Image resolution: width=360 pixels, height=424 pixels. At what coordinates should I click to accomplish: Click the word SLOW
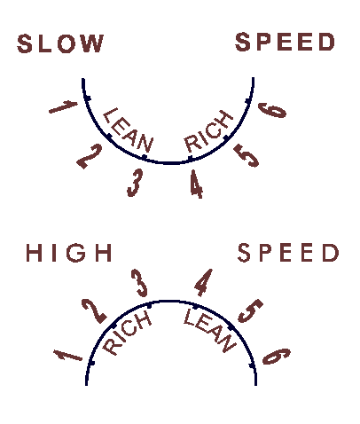60,43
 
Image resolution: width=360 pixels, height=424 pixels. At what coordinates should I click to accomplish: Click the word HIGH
69,253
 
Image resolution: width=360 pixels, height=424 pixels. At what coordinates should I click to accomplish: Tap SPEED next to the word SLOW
285,42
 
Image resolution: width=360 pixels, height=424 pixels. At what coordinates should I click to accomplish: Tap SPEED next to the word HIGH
288,253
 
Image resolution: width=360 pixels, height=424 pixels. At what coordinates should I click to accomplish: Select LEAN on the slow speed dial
129,130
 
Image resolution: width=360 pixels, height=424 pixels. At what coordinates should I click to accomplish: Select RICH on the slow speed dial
207,130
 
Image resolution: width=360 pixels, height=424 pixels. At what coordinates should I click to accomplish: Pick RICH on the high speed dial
127,333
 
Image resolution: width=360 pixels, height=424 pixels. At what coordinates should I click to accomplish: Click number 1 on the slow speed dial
63,106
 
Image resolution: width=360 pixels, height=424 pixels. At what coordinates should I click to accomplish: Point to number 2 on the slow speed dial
90,156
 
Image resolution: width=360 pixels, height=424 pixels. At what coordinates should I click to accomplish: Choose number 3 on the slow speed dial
135,183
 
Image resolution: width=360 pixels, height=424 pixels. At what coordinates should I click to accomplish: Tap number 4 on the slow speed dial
196,184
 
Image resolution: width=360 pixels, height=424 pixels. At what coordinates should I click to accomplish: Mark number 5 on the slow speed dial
247,155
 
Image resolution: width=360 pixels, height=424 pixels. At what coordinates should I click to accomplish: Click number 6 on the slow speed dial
272,110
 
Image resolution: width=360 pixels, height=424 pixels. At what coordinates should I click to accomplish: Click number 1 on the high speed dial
67,355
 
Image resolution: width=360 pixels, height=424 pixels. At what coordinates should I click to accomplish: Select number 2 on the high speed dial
95,311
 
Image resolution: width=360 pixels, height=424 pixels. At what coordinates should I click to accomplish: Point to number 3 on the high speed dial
139,283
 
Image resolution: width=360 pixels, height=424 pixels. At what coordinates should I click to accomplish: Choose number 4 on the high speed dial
204,282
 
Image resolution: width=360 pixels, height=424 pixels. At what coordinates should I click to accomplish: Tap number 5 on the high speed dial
250,310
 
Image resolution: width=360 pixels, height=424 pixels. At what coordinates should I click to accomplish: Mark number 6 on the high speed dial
277,356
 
